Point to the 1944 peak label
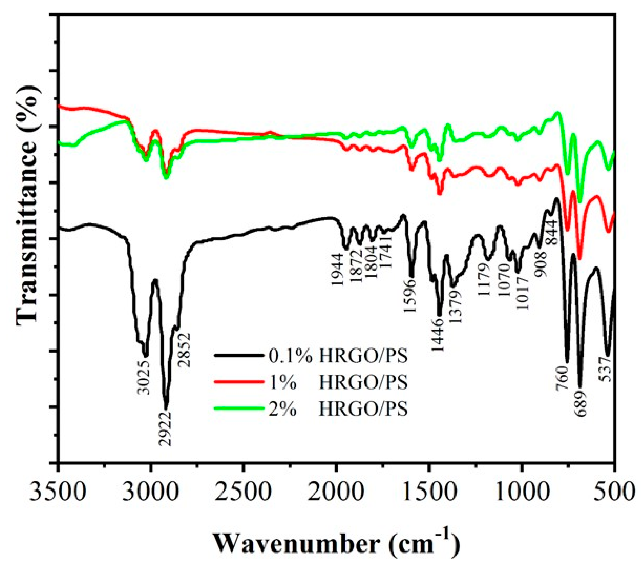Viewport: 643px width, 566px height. tap(337, 269)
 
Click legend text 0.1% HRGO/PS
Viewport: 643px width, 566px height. tap(338, 356)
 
